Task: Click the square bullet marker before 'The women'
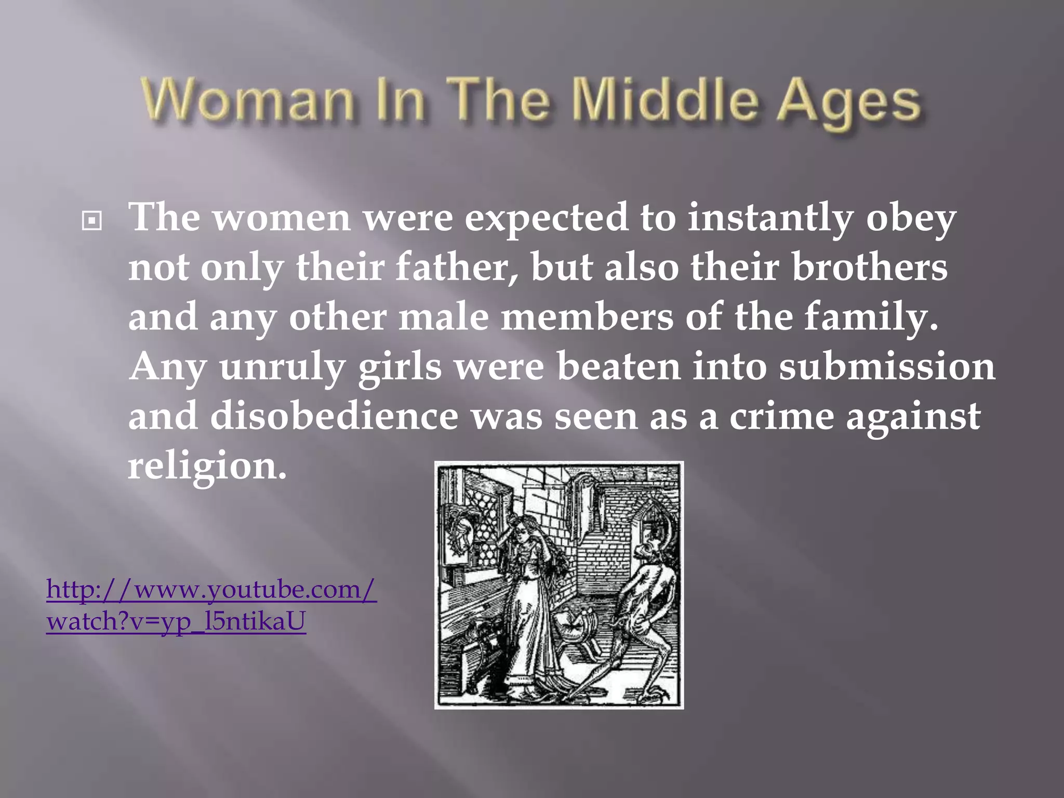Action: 92,222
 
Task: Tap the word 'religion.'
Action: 207,466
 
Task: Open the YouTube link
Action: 211,605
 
